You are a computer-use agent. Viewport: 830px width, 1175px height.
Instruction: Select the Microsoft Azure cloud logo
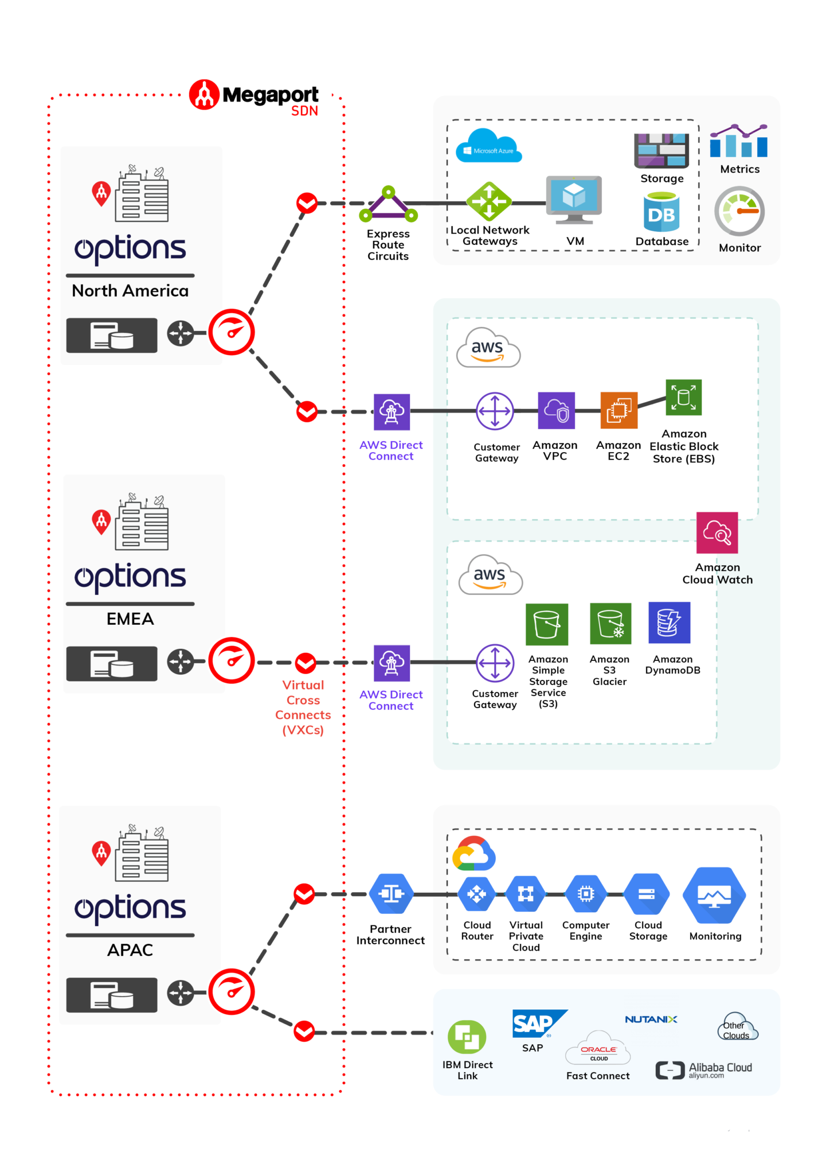pos(488,146)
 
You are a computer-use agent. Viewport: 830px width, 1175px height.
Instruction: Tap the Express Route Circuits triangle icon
pos(388,205)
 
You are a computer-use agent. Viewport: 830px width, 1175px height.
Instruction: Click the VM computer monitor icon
pos(574,200)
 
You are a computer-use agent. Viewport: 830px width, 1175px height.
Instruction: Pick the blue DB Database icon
pos(661,212)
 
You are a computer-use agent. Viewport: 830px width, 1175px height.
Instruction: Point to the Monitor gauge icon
pos(739,212)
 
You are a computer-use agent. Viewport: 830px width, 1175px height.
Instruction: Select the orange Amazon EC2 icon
pos(618,410)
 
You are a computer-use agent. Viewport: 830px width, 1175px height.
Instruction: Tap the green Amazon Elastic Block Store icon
pos(683,397)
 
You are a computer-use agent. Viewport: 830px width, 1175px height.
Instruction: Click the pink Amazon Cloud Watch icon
pos(717,532)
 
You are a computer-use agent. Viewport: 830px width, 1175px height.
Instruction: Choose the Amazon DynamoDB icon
pos(669,623)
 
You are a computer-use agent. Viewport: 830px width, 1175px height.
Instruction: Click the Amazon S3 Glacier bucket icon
pos(610,624)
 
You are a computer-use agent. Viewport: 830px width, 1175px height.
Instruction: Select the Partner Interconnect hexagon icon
pos(391,893)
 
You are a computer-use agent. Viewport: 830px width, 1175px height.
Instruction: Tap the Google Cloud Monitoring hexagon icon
pos(714,895)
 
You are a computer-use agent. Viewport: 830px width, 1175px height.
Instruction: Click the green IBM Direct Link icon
pos(467,1037)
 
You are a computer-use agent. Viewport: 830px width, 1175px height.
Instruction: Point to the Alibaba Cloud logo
pos(704,1070)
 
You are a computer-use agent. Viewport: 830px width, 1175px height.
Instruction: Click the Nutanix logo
pos(651,1020)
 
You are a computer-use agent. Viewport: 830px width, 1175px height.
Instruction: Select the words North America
pos(130,291)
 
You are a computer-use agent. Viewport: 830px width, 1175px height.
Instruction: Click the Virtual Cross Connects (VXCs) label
pos(303,707)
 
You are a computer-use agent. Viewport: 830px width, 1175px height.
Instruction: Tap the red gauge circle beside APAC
pos(232,991)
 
